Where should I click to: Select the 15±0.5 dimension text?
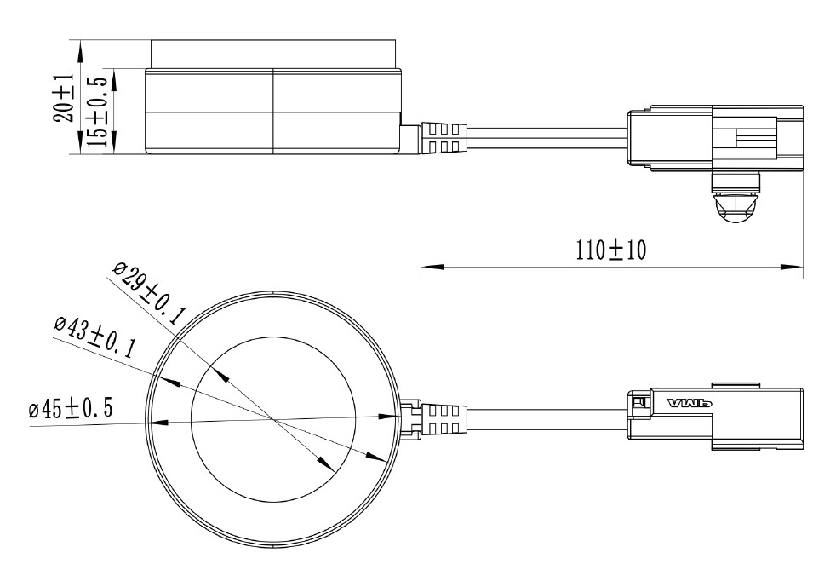[x=97, y=111]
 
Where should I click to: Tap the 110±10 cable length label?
[x=611, y=250]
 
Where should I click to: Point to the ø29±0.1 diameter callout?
[x=148, y=294]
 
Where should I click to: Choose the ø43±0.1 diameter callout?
[x=94, y=337]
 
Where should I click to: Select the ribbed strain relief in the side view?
[x=442, y=138]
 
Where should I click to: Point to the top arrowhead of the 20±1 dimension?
[x=80, y=49]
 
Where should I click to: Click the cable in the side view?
[x=545, y=138]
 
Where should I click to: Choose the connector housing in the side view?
[x=715, y=138]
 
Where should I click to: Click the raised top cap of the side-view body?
[x=272, y=54]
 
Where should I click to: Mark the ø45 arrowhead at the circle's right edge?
[x=387, y=416]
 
